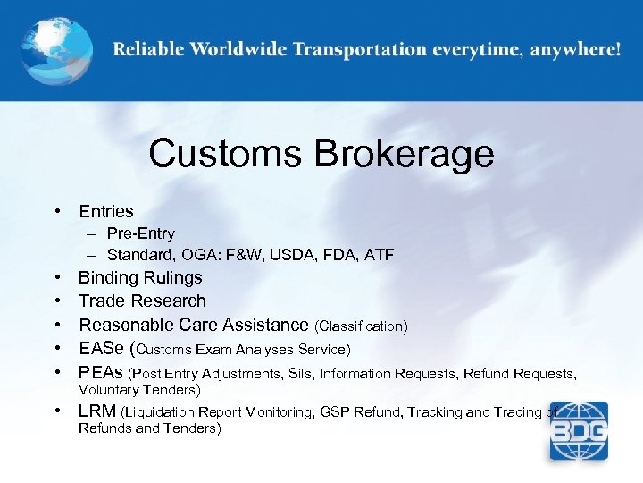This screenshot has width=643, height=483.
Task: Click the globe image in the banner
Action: [x=55, y=50]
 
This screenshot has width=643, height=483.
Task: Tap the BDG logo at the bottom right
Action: [x=579, y=430]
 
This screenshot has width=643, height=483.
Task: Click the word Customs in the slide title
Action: [x=225, y=154]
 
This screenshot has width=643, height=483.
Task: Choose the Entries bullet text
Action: [x=106, y=212]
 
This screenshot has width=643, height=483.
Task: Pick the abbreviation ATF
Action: [x=379, y=256]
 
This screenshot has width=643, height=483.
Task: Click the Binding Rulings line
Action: [x=140, y=278]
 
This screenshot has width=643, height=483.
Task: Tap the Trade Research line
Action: [x=142, y=301]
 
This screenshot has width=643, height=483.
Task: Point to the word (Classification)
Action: [x=361, y=326]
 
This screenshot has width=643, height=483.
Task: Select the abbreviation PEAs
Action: [x=102, y=372]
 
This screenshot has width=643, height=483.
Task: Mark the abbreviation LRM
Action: [x=98, y=411]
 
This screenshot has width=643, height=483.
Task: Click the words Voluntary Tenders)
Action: [x=139, y=390]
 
